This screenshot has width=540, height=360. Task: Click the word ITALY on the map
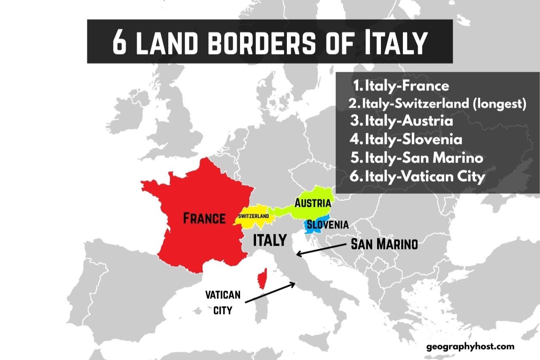[x=270, y=240]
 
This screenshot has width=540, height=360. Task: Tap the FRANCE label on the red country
[x=204, y=219]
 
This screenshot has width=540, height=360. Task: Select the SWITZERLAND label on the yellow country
[x=254, y=216]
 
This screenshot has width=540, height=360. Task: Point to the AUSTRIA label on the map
[x=313, y=203]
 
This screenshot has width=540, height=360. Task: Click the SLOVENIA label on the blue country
[x=328, y=225]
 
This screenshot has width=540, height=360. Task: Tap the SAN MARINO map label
[x=384, y=244]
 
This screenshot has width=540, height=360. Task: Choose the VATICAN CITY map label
[x=223, y=302]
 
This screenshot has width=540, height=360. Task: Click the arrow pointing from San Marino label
[x=322, y=249]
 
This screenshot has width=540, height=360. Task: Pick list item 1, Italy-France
[x=401, y=86]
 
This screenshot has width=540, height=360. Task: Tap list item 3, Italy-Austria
[x=402, y=121]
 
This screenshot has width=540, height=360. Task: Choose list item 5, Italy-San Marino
[x=417, y=158]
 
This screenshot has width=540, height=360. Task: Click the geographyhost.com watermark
[x=470, y=346]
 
